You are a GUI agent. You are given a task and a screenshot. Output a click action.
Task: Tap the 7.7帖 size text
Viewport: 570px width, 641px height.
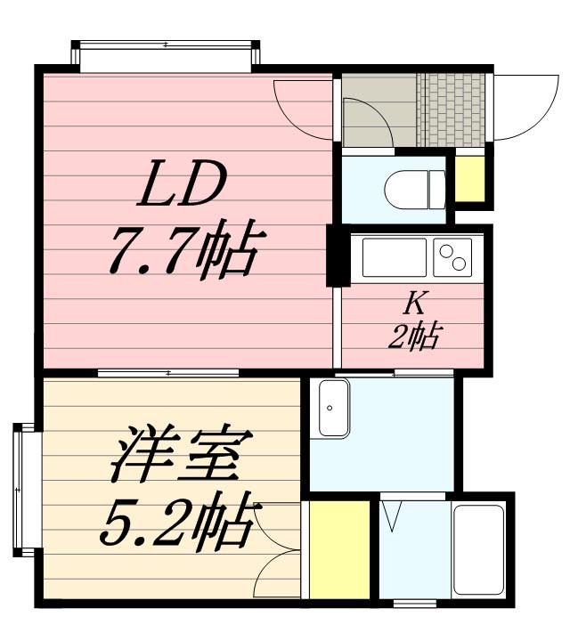pyautogui.click(x=183, y=252)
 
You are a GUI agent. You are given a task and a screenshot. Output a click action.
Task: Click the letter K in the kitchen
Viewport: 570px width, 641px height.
pyautogui.click(x=414, y=304)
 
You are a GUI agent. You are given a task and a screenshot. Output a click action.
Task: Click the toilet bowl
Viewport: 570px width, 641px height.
pyautogui.click(x=415, y=189)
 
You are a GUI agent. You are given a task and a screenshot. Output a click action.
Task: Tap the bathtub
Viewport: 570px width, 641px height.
pyautogui.click(x=479, y=549)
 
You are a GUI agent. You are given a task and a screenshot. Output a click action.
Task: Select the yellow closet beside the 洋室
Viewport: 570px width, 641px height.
pyautogui.click(x=339, y=548)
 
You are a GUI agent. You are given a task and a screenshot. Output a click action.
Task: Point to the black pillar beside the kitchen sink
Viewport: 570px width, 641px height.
pyautogui.click(x=338, y=256)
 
